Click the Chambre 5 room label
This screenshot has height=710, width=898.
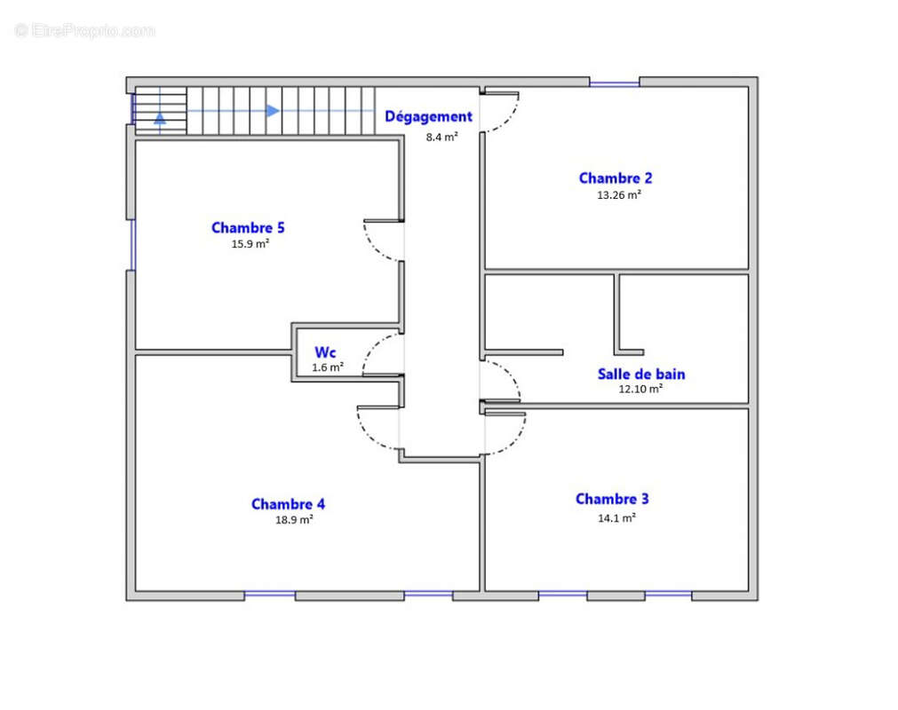coord(248,228)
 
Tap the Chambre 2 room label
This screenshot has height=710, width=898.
coord(616,178)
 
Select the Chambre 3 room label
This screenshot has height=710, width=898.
coord(612,499)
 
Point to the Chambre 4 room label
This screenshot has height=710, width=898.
coord(288,504)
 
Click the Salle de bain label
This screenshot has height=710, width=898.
coord(641,375)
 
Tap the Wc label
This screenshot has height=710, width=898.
coord(325,352)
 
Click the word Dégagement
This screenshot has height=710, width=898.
coord(428,117)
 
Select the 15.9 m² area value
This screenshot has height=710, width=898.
coord(250,244)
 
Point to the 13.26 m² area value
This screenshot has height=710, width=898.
coord(619,195)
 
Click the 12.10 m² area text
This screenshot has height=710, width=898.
coord(640,389)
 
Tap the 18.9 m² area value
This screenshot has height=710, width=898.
coord(294,520)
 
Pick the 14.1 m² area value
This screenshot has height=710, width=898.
coord(616,518)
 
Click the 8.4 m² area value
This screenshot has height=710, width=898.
coord(442,138)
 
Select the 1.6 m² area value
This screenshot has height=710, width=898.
coord(328,367)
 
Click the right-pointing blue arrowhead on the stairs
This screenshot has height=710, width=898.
coord(273,110)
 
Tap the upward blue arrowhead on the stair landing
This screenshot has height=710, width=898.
coord(160,118)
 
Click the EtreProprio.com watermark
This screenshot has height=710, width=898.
coord(84,31)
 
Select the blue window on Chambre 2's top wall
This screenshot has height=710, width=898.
coord(615,83)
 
